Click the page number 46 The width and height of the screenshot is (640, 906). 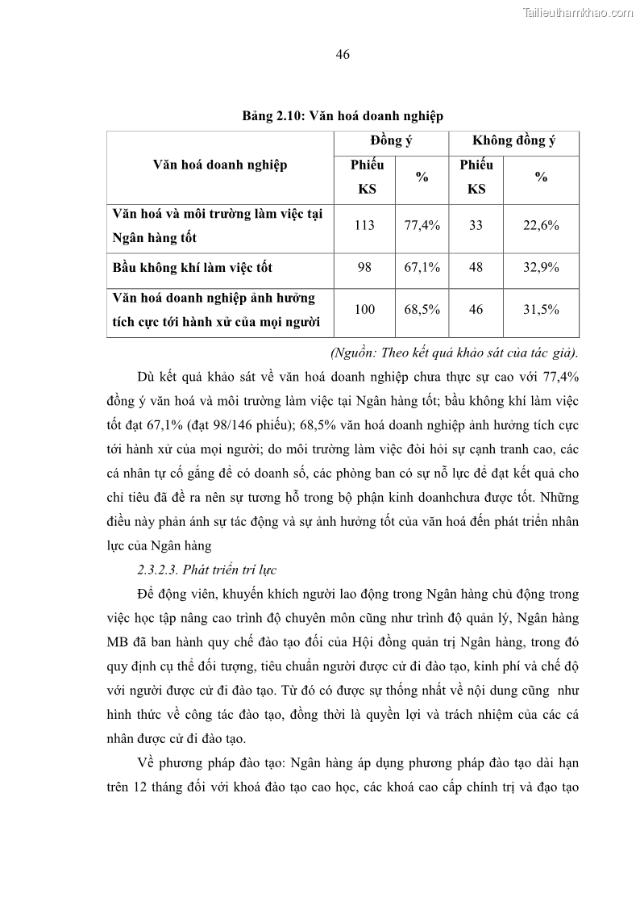click(342, 55)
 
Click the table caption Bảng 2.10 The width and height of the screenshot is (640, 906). click(343, 116)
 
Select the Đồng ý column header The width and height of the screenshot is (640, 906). click(391, 140)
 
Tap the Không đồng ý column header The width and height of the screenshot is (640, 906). click(513, 140)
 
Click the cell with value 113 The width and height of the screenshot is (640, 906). click(364, 226)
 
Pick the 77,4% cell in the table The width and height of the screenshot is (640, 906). click(422, 226)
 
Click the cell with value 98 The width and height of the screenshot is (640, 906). click(364, 267)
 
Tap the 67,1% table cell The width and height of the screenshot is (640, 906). click(422, 267)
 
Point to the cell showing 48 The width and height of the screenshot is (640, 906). click(476, 267)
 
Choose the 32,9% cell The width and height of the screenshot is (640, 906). click(541, 267)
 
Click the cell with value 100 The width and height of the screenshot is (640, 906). click(364, 309)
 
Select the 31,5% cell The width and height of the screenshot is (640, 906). click(541, 309)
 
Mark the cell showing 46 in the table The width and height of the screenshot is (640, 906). click(476, 309)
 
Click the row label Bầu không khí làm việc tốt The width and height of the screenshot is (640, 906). click(198, 267)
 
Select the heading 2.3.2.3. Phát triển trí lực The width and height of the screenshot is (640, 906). click(206, 570)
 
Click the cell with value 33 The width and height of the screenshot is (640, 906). click(476, 226)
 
